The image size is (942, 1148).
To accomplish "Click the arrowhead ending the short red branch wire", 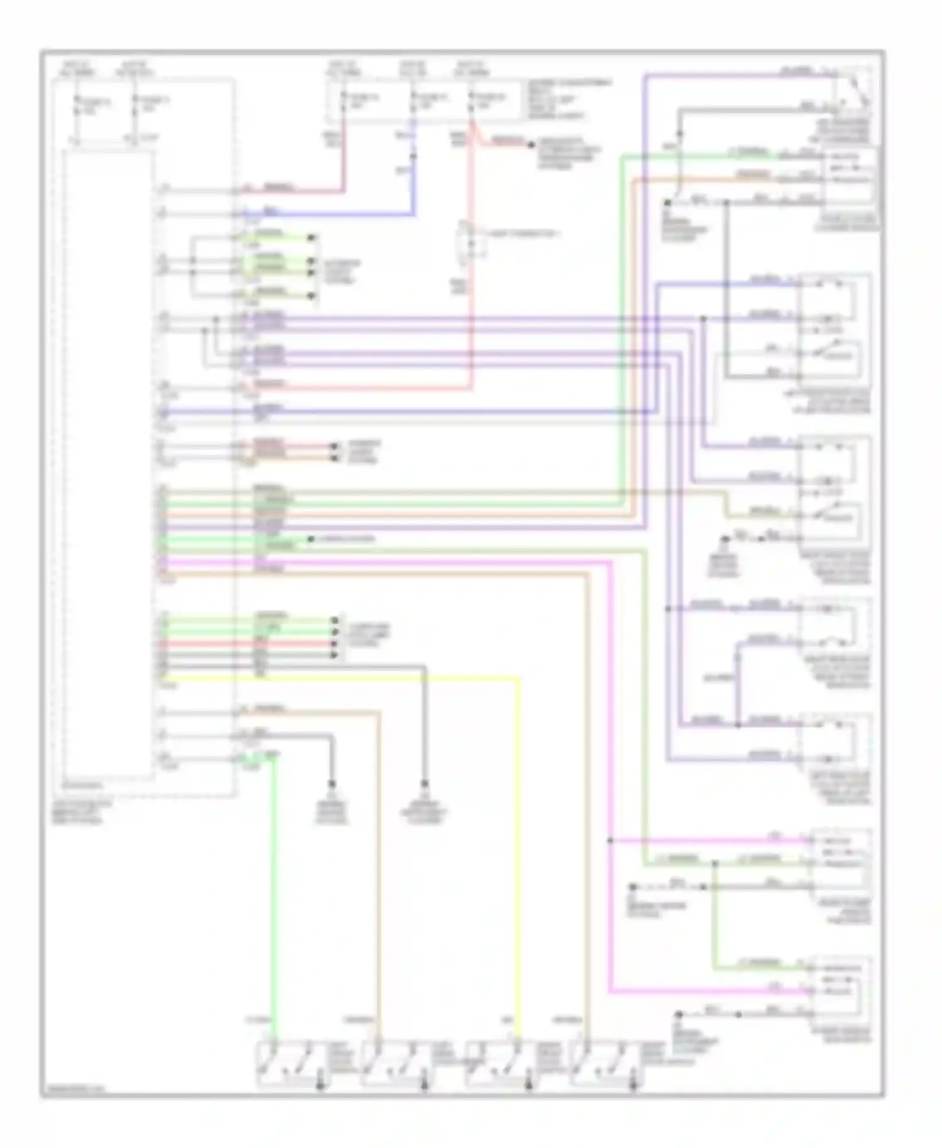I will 531,145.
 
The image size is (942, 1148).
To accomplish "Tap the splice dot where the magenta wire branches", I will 609,840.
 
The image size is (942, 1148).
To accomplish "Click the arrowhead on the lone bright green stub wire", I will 310,539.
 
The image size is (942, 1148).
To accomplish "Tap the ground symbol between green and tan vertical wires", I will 332,785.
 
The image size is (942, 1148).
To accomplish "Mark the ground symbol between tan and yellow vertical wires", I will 425,785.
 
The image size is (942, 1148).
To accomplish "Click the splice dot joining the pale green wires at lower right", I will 714,864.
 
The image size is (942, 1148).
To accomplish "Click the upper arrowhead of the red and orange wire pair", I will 334,447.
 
